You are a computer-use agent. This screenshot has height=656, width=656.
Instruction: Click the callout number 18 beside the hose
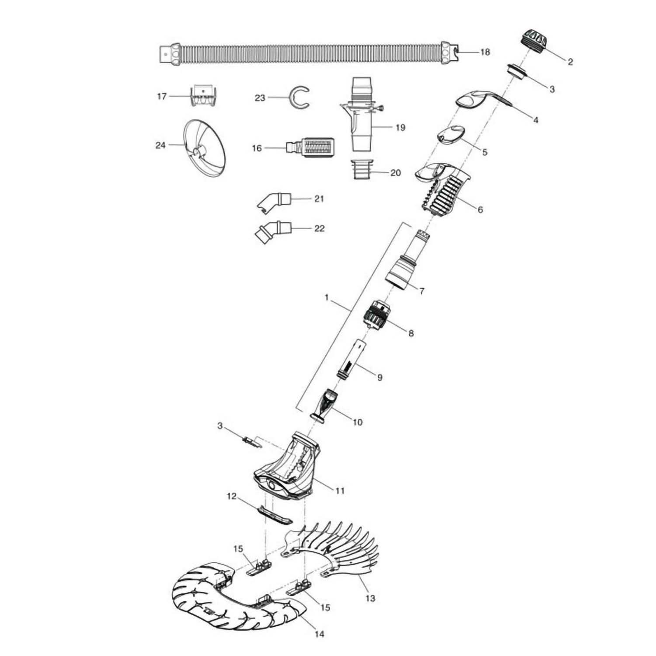485,52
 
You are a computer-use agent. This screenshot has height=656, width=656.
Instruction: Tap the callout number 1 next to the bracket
327,298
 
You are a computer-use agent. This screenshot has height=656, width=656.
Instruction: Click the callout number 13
370,598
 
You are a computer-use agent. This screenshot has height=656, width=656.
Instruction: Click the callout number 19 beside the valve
400,128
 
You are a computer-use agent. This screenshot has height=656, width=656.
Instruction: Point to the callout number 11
340,491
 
